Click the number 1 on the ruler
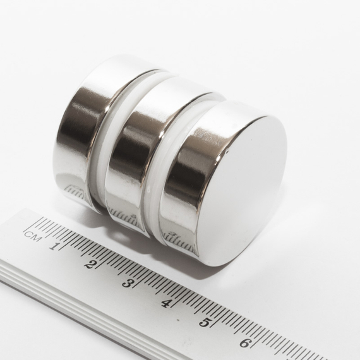click(54, 246)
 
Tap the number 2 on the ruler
click(89, 264)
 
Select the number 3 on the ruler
click(126, 283)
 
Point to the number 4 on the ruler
click(165, 303)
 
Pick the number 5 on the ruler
click(204, 322)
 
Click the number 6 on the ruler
click(244, 343)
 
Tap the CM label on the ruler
click(33, 237)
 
